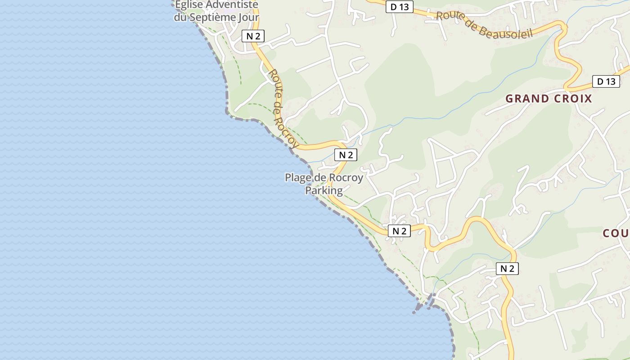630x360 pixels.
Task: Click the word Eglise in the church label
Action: (189, 5)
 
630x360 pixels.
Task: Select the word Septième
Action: (214, 18)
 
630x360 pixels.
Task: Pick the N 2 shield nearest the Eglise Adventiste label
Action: (253, 36)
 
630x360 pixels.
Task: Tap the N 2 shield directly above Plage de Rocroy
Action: (346, 155)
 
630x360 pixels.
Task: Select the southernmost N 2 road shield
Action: (507, 269)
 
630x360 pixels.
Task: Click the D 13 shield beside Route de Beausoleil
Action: (399, 7)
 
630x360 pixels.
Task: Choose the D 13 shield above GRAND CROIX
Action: (606, 81)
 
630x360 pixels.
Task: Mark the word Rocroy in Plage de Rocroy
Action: (346, 178)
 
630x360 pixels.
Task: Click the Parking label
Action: (324, 190)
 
